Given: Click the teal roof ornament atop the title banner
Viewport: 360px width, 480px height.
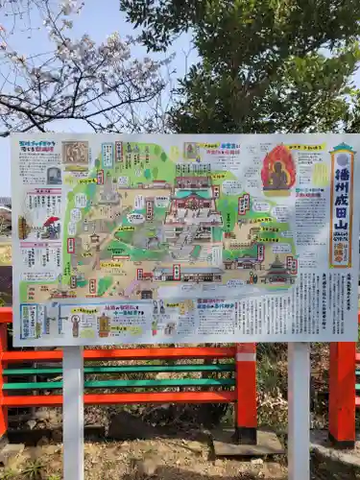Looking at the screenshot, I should pyautogui.click(x=343, y=148).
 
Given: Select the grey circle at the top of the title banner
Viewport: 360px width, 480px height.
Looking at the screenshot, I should pyautogui.click(x=342, y=160).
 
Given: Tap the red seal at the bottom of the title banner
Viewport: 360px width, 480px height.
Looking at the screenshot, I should pyautogui.click(x=341, y=258).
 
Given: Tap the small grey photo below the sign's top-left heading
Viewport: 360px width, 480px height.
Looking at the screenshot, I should pyautogui.click(x=54, y=175).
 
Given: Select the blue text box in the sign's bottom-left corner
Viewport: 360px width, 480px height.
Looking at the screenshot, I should pyautogui.click(x=31, y=321).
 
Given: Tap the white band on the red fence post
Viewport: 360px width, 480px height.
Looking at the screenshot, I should pyautogui.click(x=247, y=352).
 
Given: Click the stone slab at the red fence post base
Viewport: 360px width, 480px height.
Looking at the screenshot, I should pyautogui.click(x=247, y=443).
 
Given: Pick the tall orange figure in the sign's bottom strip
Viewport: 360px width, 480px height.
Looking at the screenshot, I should pyautogui.click(x=104, y=324).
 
